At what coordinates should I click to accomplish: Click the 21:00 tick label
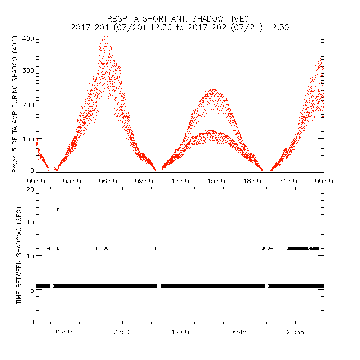point(288,180)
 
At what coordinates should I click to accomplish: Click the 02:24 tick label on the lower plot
point(65,332)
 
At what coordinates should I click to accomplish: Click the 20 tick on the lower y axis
point(31,189)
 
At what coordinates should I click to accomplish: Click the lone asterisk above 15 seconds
point(57,210)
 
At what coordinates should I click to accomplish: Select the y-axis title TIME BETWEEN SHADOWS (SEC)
point(19,256)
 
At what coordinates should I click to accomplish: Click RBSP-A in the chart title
point(127,18)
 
